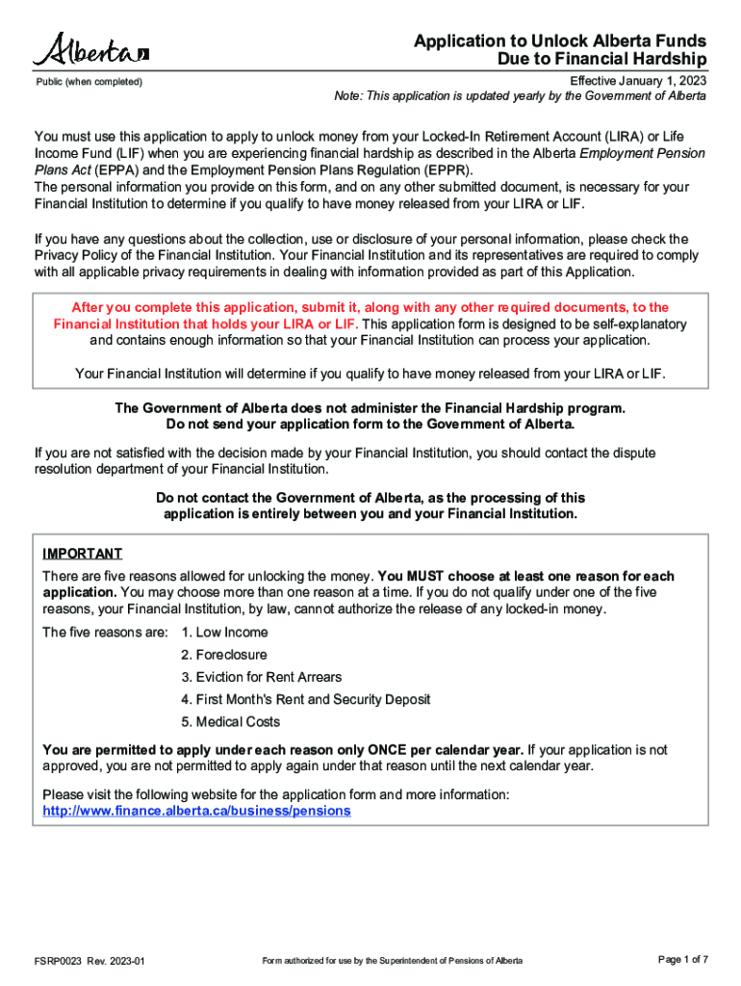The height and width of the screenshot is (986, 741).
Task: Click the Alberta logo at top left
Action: [x=91, y=49]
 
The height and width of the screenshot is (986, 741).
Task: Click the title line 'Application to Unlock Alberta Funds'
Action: [x=560, y=41]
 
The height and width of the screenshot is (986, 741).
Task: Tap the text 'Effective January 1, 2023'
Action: [x=638, y=81]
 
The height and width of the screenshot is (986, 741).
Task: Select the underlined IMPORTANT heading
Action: [x=83, y=554]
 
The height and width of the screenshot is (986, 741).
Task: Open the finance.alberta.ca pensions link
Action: [x=197, y=811]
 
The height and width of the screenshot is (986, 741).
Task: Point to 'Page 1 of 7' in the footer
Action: [x=683, y=960]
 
